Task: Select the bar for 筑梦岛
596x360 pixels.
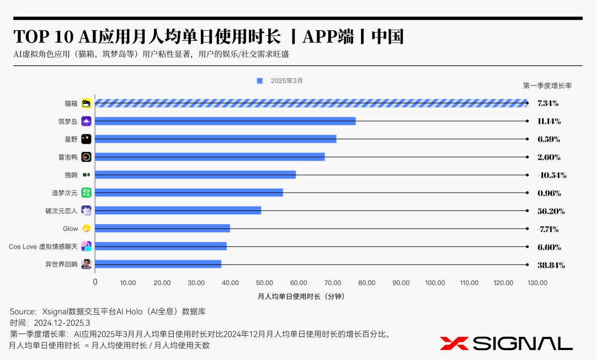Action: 226,121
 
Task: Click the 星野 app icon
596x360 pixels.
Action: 86,139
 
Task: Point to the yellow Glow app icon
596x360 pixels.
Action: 86,229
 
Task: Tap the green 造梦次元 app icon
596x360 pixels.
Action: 86,193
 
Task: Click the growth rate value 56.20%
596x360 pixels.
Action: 551,211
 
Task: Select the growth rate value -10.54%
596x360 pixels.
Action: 551,175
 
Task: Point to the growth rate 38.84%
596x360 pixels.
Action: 551,264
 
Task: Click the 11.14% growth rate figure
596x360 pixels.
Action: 549,121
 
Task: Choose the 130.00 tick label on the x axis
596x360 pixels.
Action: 537,283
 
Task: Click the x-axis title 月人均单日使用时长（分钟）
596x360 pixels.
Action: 301,297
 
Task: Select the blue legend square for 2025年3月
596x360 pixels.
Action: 259,81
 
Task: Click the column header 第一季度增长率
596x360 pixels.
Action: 547,86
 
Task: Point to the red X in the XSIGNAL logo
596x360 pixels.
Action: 454,343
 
